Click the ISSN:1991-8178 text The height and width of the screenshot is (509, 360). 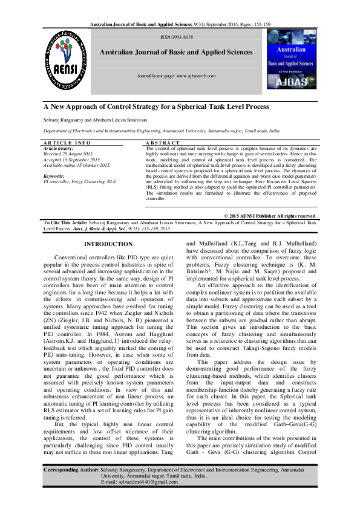[176, 37]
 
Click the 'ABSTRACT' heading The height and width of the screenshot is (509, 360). [163, 143]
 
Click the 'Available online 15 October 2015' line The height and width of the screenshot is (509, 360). [77, 164]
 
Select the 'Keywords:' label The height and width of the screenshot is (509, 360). [54, 175]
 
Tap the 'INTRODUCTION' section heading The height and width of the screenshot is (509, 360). [108, 244]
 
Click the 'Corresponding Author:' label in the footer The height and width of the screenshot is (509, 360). [72, 469]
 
